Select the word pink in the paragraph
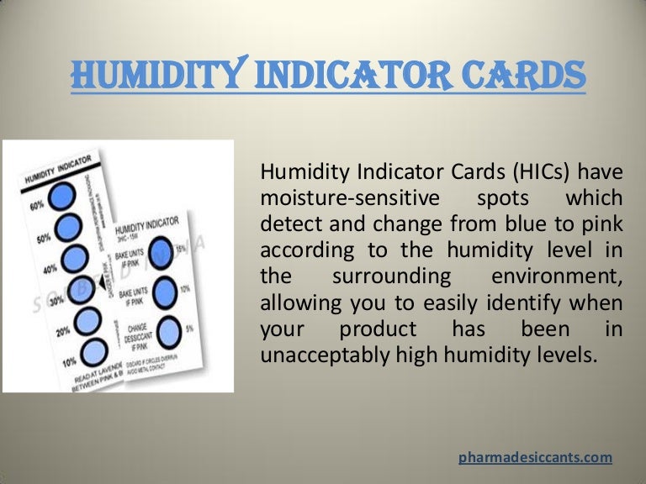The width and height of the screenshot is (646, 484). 600,226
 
